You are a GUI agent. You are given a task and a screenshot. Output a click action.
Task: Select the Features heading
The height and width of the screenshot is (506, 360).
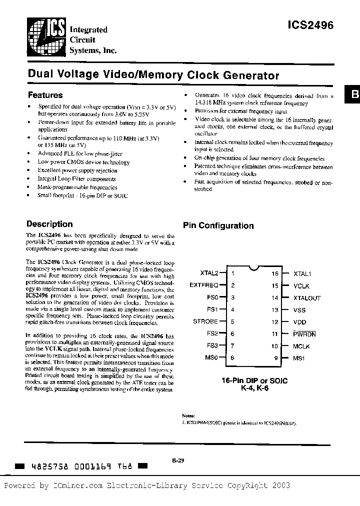click(x=45, y=95)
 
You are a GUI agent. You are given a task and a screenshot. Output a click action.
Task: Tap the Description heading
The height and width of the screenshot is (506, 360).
click(x=49, y=224)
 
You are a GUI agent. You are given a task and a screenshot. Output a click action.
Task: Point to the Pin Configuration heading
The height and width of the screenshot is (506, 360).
click(x=218, y=225)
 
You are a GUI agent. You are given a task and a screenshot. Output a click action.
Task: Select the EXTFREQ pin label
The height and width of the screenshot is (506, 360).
click(x=204, y=285)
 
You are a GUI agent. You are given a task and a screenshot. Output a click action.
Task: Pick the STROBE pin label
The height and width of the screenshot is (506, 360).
click(x=205, y=321)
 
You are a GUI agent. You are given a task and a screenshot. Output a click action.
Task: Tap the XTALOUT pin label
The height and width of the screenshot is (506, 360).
click(x=307, y=298)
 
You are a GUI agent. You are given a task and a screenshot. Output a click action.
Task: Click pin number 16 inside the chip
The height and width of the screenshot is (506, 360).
click(x=274, y=274)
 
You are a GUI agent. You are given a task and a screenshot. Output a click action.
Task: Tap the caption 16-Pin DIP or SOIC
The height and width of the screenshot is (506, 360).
click(x=255, y=380)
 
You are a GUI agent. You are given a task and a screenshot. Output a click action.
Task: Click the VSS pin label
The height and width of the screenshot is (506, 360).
click(x=300, y=310)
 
